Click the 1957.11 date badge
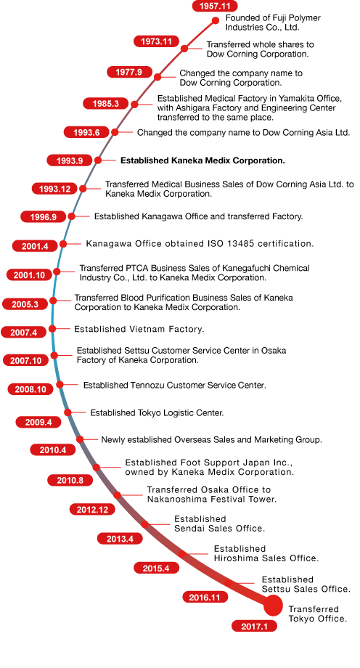215,6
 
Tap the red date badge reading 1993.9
70,160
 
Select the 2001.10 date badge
29,275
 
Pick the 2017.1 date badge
254,626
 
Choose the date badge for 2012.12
92,510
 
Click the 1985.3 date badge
105,104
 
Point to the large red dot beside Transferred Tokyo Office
273,606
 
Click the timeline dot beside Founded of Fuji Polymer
216,20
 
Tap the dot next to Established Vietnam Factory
52,328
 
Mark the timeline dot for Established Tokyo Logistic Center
67,412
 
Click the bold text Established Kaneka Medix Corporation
202,160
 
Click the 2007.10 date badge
26,361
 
